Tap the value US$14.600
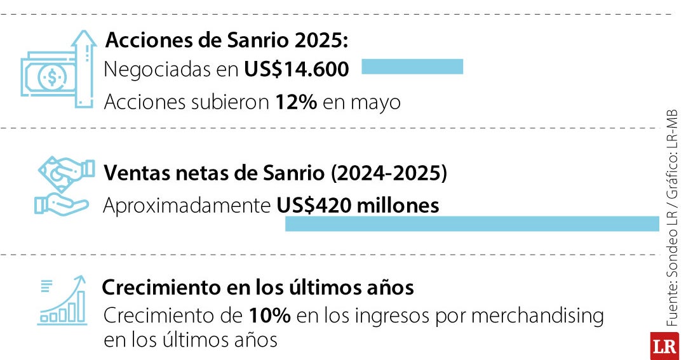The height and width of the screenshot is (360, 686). [x=297, y=69]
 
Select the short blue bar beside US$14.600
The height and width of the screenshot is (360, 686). [x=412, y=67]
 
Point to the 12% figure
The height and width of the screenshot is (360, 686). [x=296, y=102]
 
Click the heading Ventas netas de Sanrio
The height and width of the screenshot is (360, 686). [x=275, y=173]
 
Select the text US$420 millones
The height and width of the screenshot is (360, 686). [x=358, y=206]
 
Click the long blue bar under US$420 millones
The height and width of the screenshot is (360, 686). [x=472, y=223]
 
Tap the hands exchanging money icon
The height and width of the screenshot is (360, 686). [x=63, y=187]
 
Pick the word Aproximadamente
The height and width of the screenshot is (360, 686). [x=188, y=206]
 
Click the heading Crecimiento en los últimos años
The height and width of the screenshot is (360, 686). [x=258, y=288]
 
